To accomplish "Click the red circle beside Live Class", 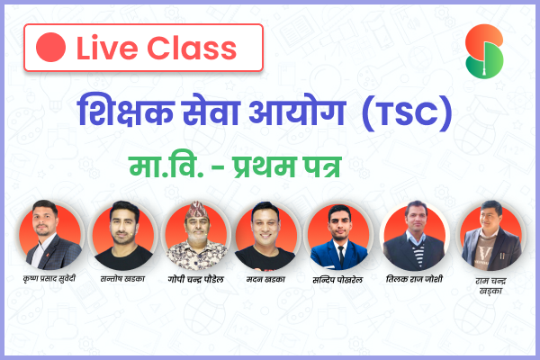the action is coord(50,47).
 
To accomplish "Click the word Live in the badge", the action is coord(107,48).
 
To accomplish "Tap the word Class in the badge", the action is coord(192,48).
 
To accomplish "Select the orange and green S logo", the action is coord(484,51).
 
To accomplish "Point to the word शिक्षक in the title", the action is coord(125,110).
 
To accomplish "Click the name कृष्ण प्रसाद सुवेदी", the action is coord(49,278).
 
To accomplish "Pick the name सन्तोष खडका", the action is coord(122,278).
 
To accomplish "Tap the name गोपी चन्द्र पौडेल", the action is coord(195,279).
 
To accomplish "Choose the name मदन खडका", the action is coord(265,279).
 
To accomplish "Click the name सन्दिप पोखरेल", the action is coord(337,280).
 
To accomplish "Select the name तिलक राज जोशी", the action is coord(414,279).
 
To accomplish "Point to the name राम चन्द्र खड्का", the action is coord(490,286).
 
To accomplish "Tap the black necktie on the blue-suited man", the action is coord(341,256).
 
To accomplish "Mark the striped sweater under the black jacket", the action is coord(418,256).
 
